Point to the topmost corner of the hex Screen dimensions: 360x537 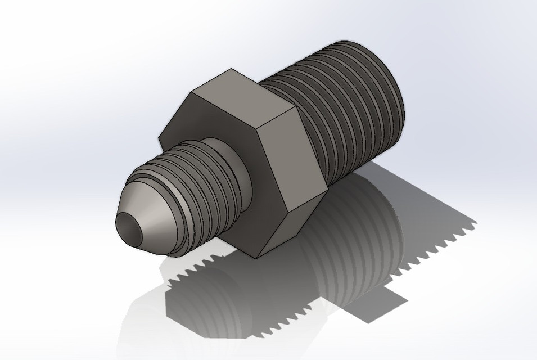pos(231,69)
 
